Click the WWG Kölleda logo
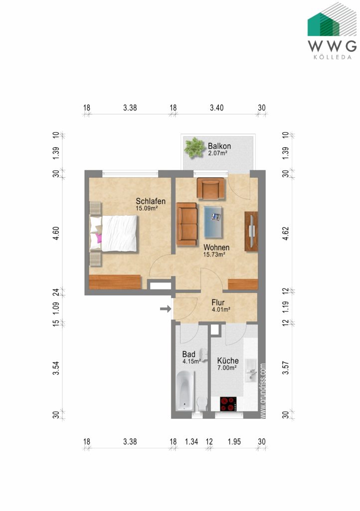332,31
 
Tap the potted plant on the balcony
194,148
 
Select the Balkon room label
219,146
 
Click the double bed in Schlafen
113,233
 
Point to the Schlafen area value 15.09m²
147,208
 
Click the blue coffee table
213,222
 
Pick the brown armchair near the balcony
210,188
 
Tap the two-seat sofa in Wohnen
187,224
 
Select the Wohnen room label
216,248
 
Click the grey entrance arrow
166,308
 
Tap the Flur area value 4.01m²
221,309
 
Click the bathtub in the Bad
185,391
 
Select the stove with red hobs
228,404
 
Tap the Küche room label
228,361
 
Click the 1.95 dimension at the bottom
234,442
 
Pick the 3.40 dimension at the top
217,108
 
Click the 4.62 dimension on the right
286,234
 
